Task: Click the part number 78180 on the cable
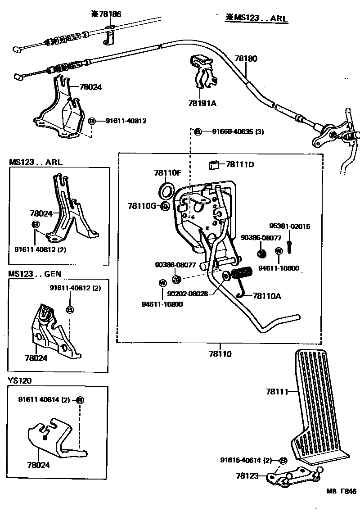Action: click(246, 59)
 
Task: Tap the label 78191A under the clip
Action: click(202, 103)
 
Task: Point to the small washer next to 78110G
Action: click(165, 206)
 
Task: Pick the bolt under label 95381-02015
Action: click(288, 246)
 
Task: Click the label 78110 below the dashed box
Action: click(220, 354)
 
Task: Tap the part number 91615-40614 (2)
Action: click(247, 460)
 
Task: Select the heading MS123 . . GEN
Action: click(35, 274)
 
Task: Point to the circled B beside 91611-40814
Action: click(80, 400)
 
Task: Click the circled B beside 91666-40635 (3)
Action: click(198, 131)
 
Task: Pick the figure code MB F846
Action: click(341, 504)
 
